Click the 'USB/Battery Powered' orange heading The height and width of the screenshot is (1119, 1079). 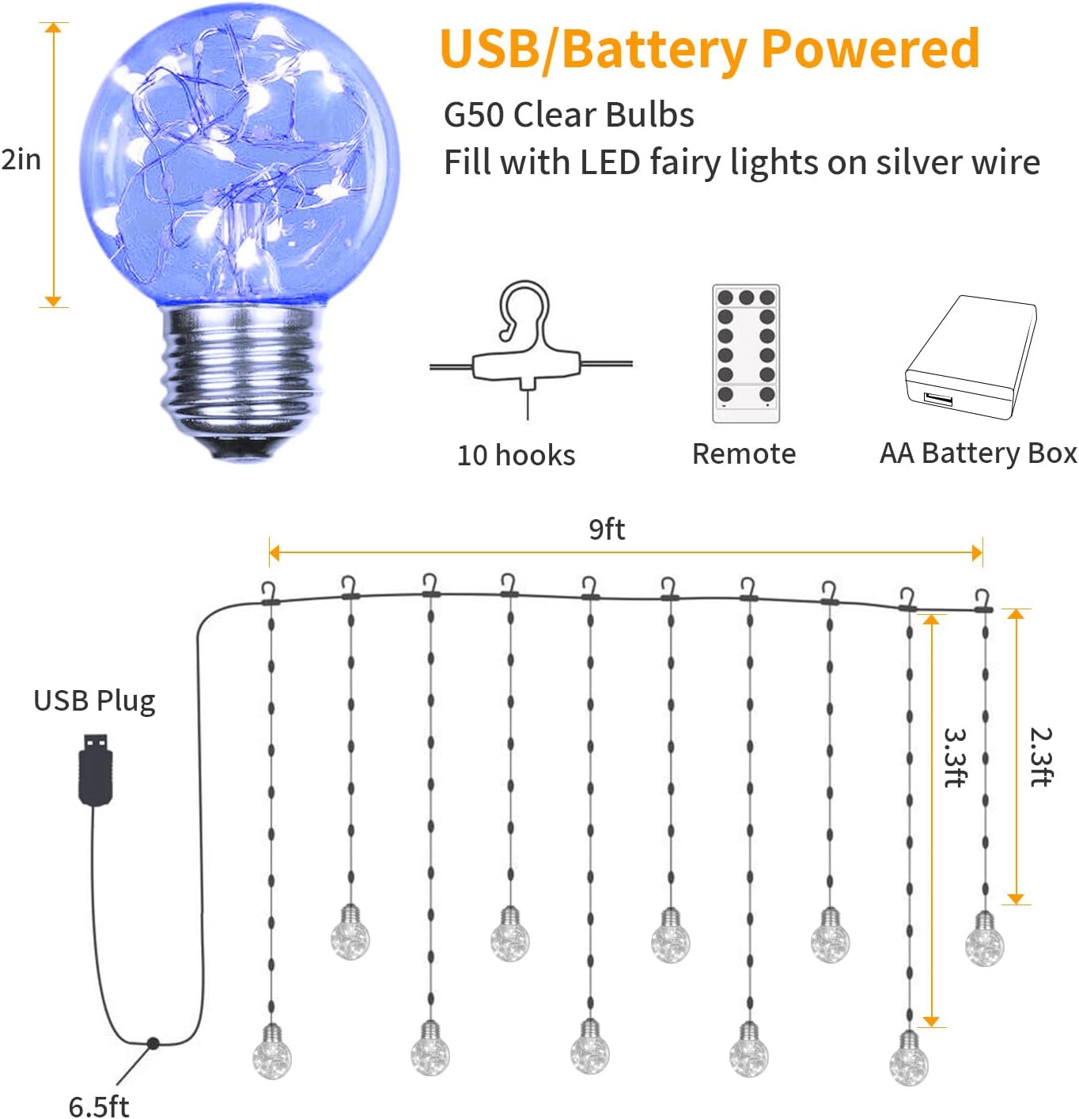[710, 49]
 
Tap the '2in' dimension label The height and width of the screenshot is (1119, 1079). [21, 160]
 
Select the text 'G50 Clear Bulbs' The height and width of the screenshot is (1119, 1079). [568, 115]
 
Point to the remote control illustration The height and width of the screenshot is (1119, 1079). [745, 354]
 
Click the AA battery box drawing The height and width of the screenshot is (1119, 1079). [971, 358]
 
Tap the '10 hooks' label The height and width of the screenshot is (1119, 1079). [516, 455]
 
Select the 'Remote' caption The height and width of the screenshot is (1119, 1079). [744, 453]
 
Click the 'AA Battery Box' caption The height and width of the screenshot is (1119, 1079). [978, 453]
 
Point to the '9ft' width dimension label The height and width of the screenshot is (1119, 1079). [607, 529]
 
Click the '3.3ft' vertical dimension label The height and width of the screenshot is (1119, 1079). [956, 757]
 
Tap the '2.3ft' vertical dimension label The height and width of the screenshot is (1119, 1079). [1041, 757]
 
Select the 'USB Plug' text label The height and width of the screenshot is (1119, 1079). [94, 701]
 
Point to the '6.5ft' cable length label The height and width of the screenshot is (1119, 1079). [98, 1106]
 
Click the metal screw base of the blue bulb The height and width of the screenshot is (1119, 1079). [243, 380]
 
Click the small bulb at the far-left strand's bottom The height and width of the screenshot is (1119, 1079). [271, 1053]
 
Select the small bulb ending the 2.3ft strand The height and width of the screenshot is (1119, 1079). [984, 941]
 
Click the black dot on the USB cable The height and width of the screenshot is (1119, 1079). [153, 1044]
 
